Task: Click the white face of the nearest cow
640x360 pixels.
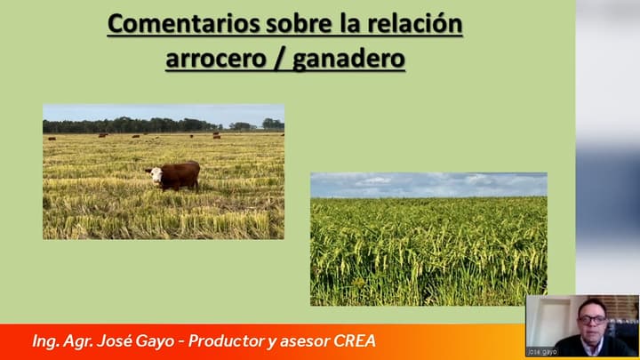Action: click(x=156, y=176)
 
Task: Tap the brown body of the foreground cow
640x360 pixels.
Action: click(x=182, y=173)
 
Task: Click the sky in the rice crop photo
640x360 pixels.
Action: click(x=427, y=184)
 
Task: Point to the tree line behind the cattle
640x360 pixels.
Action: click(x=133, y=125)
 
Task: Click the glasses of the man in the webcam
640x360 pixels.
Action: click(x=591, y=319)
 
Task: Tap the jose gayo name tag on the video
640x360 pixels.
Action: click(x=541, y=352)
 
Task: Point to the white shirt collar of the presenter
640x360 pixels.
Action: click(x=593, y=342)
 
